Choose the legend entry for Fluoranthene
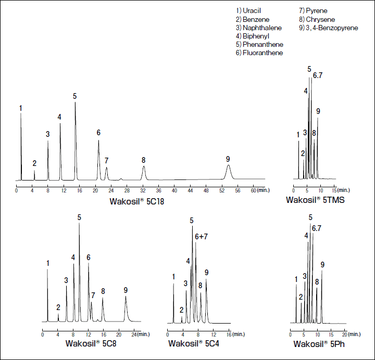pyautogui.click(x=259, y=53)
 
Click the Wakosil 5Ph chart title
pyautogui.click(x=318, y=344)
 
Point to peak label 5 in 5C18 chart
pyautogui.click(x=75, y=96)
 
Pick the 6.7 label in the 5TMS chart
pyautogui.click(x=318, y=75)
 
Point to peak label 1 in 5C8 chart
pyautogui.click(x=47, y=263)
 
